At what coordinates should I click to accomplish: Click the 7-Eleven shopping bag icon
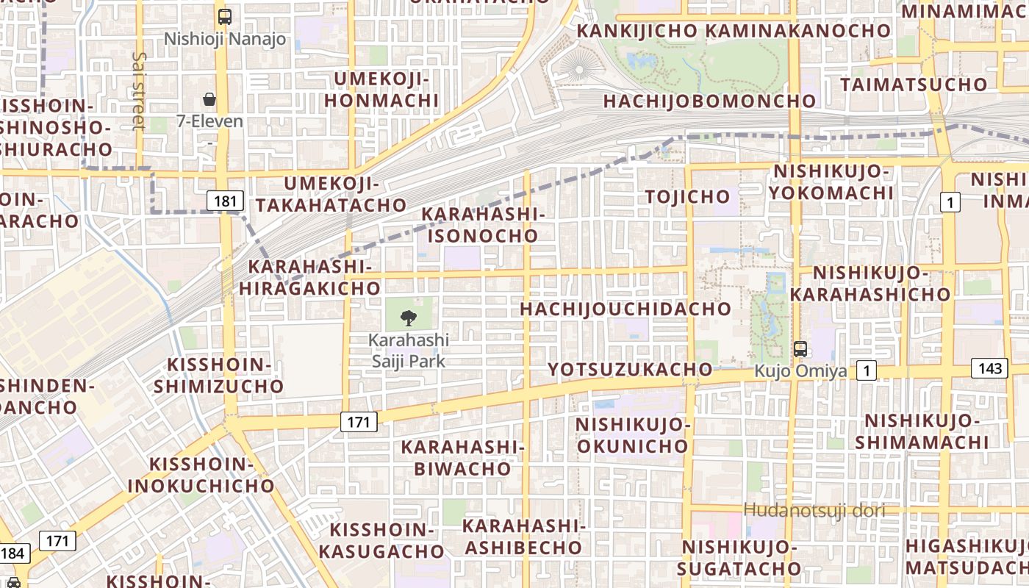coord(209,99)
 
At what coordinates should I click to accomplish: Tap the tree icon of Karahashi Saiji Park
coord(409,318)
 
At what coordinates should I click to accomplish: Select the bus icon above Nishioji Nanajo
coord(225,16)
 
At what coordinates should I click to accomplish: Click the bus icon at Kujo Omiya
coord(800,349)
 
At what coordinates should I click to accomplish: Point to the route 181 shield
coord(225,200)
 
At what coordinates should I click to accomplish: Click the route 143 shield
coord(989,368)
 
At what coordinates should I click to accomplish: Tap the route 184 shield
coord(12,553)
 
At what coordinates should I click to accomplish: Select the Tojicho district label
coord(687,196)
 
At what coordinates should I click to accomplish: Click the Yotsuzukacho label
coord(631,369)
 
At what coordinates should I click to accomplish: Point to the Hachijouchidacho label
coord(625,309)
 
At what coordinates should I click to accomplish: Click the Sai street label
coord(139,91)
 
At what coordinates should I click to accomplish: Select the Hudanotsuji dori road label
coord(814,509)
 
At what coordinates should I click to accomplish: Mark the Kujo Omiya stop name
coord(800,371)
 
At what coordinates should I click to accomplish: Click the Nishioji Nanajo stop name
coord(225,38)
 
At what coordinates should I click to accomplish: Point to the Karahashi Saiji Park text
coord(409,351)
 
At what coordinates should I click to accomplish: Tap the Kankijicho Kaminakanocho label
coord(734,31)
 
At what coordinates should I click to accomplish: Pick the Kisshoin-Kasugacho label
coord(387,540)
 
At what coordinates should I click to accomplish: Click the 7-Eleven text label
coord(209,121)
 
